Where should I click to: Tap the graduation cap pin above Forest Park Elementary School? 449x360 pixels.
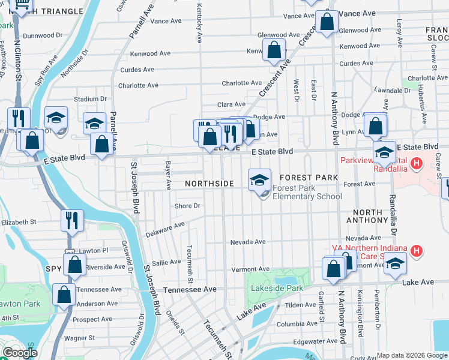pos(260,180)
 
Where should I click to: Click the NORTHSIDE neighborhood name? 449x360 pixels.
pos(209,183)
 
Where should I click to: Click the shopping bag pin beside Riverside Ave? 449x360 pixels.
pos(75,265)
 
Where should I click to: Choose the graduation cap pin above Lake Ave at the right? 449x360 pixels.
pos(395,265)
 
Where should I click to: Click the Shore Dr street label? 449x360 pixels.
pos(187,206)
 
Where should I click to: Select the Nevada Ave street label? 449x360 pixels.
pos(248,242)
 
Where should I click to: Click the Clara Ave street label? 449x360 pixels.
pos(232,104)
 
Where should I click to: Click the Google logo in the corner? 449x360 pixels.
pos(20,353)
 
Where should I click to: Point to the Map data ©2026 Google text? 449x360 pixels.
pos(412,355)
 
